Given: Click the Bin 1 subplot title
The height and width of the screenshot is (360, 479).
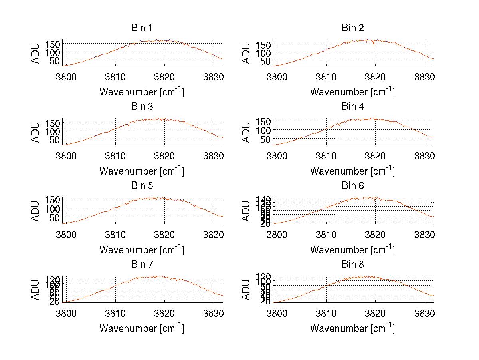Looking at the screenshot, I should click(x=142, y=28).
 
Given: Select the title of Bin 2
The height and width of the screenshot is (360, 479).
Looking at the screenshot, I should click(x=353, y=28).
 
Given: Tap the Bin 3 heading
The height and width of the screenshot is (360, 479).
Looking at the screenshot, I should click(x=142, y=107).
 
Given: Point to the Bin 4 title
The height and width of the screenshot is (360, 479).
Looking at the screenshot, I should click(x=353, y=107).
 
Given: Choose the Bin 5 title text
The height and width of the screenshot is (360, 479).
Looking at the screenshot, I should click(x=142, y=186).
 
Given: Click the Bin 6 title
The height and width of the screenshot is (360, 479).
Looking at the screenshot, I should click(x=353, y=186).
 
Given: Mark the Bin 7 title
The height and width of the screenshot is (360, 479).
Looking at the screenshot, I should click(x=142, y=265).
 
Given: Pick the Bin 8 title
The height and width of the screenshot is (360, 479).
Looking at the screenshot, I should click(x=353, y=265).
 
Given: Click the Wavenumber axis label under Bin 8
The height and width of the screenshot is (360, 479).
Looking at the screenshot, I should click(x=352, y=328).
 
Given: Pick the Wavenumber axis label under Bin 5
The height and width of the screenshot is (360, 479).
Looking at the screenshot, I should click(x=142, y=250).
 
